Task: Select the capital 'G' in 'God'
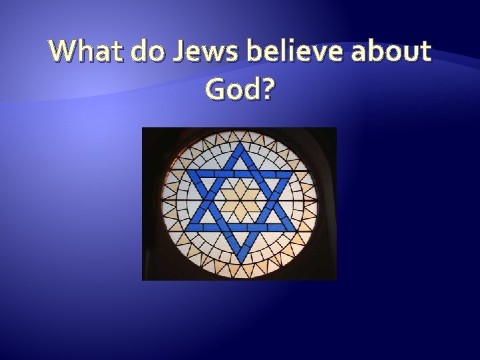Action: [217, 89]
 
